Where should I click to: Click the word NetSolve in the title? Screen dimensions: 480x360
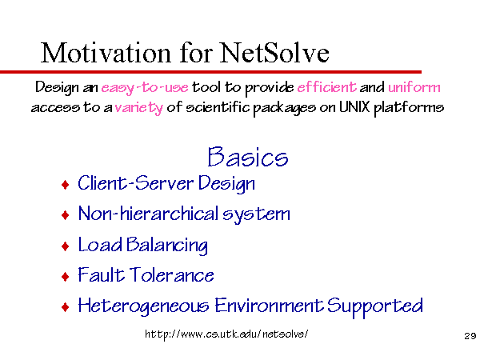[x=274, y=53]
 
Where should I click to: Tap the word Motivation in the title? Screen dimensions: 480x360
[x=106, y=53]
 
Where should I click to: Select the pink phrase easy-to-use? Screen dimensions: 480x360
[x=145, y=88]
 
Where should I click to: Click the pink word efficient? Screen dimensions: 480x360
[x=326, y=87]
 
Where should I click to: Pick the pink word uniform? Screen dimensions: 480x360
[x=414, y=87]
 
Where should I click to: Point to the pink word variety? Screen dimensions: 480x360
[x=139, y=108]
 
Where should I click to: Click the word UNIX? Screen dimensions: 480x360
[x=354, y=107]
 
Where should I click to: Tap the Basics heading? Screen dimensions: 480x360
[x=248, y=157]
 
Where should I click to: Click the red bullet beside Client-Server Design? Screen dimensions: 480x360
[x=66, y=185]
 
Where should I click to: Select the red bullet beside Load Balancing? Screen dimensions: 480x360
[x=66, y=246]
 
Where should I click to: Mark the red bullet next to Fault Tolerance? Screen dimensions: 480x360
[x=66, y=277]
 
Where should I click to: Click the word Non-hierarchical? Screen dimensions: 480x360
[x=148, y=213]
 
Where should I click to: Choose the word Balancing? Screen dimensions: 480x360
[x=167, y=246]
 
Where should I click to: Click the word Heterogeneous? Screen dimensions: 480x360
[x=143, y=306]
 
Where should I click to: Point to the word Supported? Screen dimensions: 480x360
[x=375, y=306]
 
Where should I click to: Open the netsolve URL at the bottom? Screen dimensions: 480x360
[x=226, y=334]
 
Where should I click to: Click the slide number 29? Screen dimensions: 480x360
[x=470, y=336]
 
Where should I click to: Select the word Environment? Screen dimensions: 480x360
[x=269, y=305]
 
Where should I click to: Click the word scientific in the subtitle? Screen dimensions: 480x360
[x=218, y=107]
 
